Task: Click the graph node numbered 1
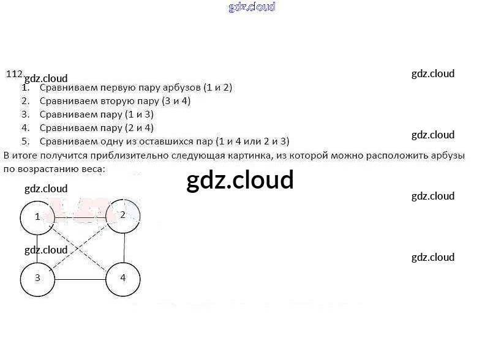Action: coord(37,217)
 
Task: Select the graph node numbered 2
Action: coord(123,215)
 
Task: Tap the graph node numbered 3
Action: coord(37,278)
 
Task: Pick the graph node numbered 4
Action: coord(123,278)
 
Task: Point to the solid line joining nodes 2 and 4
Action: coord(124,247)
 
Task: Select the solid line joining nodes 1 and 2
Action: coord(80,217)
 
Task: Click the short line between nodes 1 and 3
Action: coord(37,247)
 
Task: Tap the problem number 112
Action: coord(14,74)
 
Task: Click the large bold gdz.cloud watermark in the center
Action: coord(240,180)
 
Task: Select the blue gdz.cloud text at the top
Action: coord(252,7)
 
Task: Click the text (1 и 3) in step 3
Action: coord(138,114)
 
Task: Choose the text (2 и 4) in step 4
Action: coord(138,128)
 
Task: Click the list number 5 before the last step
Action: coord(25,141)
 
